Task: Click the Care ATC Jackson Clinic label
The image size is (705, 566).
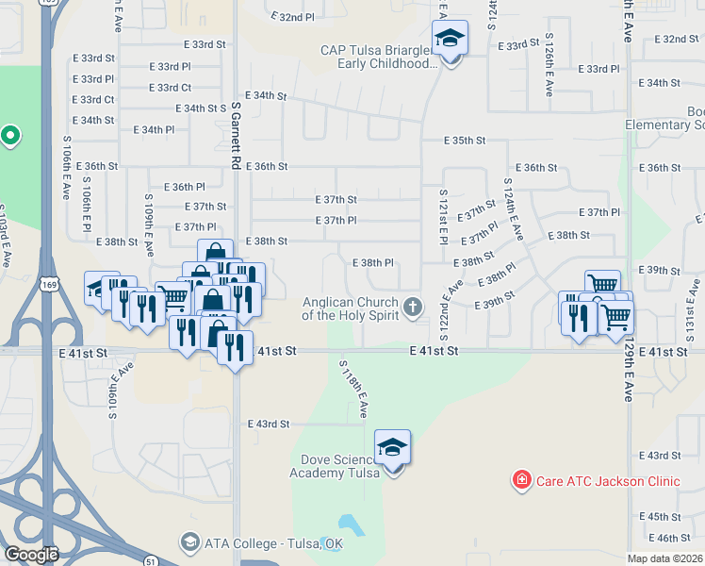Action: [607, 481]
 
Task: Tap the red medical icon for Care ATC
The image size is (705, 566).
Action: [520, 481]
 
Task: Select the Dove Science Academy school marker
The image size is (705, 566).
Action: [393, 449]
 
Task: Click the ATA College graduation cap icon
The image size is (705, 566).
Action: [189, 542]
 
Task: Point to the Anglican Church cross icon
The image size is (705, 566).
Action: [413, 307]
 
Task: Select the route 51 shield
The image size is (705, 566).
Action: [151, 560]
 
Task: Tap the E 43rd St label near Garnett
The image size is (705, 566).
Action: [269, 424]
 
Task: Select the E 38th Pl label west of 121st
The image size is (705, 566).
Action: [372, 263]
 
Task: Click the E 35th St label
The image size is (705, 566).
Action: [466, 141]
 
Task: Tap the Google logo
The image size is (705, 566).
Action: [32, 555]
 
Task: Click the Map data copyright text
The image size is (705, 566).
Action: [664, 558]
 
